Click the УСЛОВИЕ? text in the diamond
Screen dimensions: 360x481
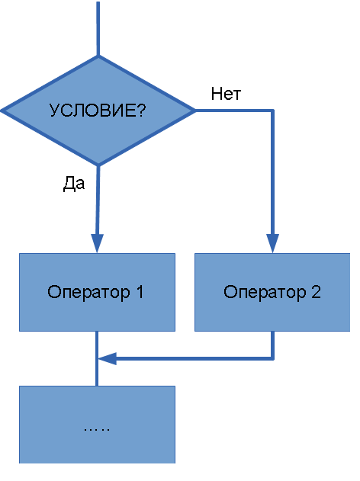click(x=98, y=110)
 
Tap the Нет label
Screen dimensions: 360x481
click(x=226, y=94)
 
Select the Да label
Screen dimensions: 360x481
click(x=74, y=184)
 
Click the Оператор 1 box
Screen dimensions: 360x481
click(x=98, y=292)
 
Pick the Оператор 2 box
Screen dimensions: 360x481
click(x=272, y=292)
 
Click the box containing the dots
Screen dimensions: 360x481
click(x=98, y=425)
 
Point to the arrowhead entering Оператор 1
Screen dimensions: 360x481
click(x=98, y=244)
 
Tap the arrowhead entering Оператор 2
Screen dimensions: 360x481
click(x=272, y=244)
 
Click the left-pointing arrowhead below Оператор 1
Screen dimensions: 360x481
click(x=108, y=358)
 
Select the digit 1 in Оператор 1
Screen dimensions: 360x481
click(x=140, y=292)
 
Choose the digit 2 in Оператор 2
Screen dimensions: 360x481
click(x=316, y=292)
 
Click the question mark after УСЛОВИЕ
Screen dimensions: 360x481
click(x=141, y=110)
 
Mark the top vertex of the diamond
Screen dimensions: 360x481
click(x=98, y=56)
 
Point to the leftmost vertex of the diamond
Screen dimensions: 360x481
click(x=2, y=111)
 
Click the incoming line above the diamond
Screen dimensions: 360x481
click(x=98, y=28)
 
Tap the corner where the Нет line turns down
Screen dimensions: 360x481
click(x=272, y=111)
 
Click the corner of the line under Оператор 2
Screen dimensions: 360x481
click(x=272, y=358)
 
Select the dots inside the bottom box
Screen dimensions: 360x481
click(x=97, y=429)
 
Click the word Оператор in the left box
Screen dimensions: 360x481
click(x=88, y=293)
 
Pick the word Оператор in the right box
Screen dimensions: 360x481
click(x=265, y=293)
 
